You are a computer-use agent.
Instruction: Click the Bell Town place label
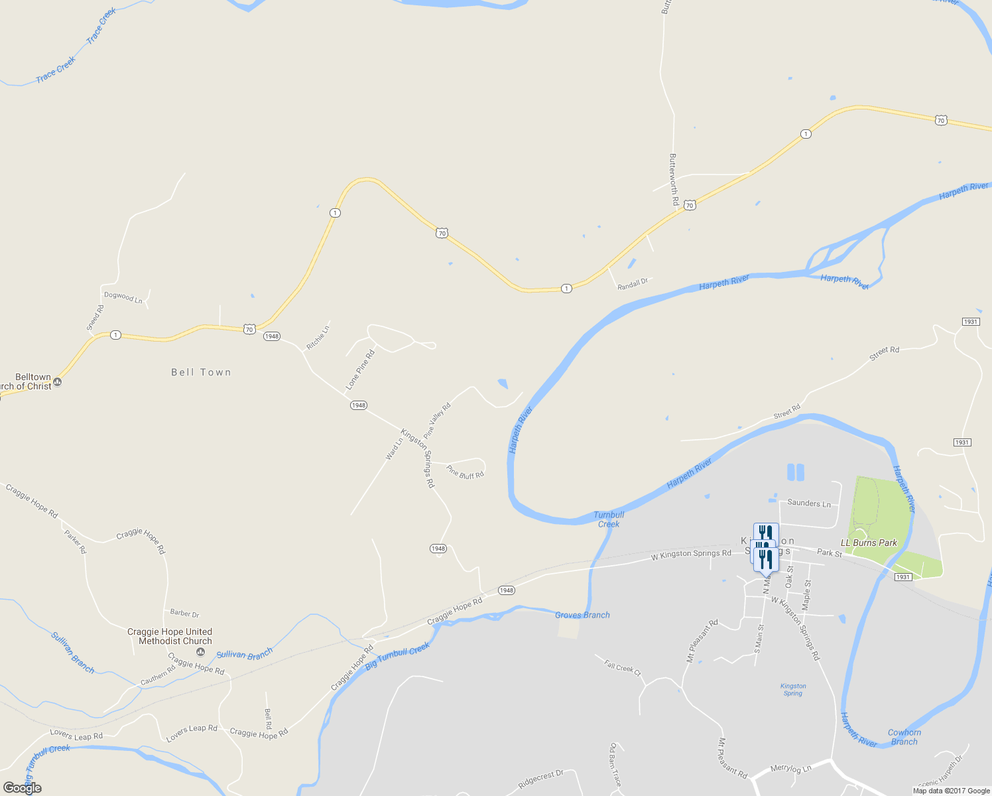201,373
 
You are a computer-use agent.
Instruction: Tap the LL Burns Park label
869,543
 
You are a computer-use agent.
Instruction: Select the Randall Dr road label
633,284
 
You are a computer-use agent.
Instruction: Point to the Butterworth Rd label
674,179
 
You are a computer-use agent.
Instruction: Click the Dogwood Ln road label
123,297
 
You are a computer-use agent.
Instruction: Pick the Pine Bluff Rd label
465,472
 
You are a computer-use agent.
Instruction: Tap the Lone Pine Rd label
360,370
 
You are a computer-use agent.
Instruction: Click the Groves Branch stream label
582,615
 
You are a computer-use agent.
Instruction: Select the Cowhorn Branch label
904,737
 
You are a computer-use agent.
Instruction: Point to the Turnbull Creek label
609,519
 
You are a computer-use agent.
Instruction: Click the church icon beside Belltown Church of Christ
58,382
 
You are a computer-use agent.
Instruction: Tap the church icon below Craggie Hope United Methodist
201,653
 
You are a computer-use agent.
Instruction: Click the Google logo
23,788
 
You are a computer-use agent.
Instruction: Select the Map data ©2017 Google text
951,791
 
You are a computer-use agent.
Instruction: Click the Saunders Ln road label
809,503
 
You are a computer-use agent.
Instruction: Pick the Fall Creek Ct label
623,667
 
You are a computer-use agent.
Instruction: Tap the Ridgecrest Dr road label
540,779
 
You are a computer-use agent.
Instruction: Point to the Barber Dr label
185,614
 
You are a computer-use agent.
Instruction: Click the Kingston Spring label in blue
793,690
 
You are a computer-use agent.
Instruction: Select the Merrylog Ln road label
790,769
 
